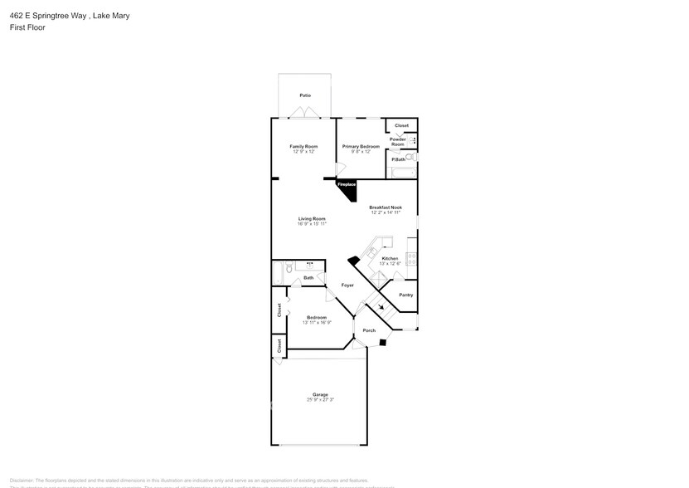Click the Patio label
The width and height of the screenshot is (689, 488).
305,96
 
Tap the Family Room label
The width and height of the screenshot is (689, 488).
304,146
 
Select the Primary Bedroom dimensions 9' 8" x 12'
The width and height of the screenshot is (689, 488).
361,152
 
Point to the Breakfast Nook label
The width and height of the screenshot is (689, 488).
386,207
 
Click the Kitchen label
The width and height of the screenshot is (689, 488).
390,258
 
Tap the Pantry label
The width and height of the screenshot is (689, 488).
405,295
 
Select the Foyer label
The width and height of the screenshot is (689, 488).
347,285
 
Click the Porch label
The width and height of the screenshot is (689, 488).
369,330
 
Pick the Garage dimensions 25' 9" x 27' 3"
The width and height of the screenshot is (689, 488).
320,400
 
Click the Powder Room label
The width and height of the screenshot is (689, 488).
398,142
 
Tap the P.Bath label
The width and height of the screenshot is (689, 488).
397,159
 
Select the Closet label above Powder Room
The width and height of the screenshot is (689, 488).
401,125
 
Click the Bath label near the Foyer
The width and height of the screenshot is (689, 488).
308,277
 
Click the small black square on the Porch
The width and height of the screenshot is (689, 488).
382,341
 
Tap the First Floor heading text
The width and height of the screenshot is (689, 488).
28,27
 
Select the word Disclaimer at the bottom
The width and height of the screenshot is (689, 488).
22,480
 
